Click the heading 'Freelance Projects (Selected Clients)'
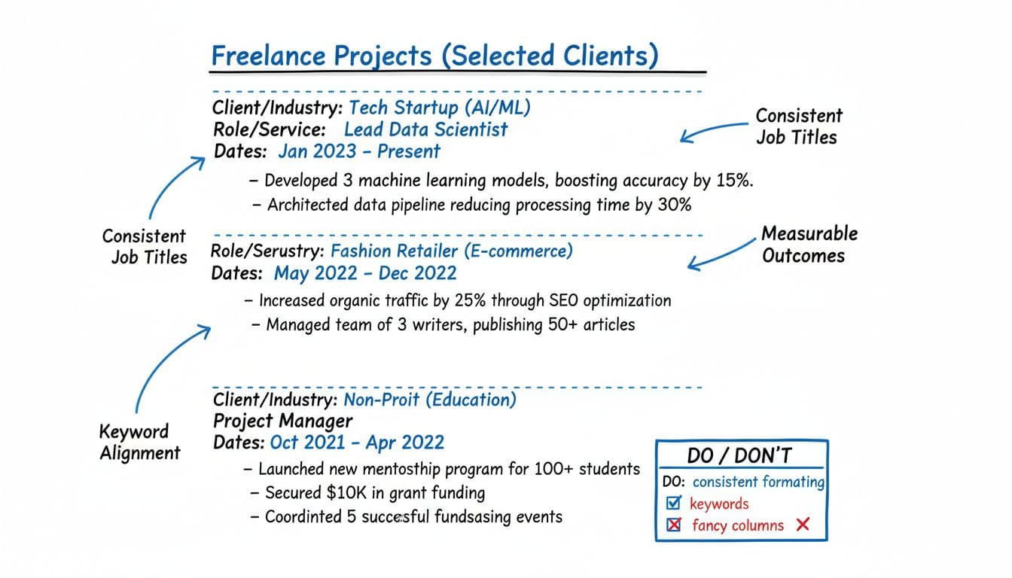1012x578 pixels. pyautogui.click(x=434, y=56)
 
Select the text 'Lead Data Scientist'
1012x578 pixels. pyautogui.click(x=425, y=129)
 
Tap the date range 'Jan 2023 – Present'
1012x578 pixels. pyautogui.click(x=358, y=151)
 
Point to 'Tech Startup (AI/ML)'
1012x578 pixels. pyautogui.click(x=440, y=108)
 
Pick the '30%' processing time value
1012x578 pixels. pyautogui.click(x=674, y=204)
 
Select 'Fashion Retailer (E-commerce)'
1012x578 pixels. pyautogui.click(x=452, y=251)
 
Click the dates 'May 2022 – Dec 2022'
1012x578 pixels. pyautogui.click(x=365, y=272)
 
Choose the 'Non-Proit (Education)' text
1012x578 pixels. pyautogui.click(x=430, y=400)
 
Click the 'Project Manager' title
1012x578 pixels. pyautogui.click(x=283, y=421)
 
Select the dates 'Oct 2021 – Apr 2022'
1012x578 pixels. pyautogui.click(x=357, y=442)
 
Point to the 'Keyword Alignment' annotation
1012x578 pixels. pyautogui.click(x=140, y=442)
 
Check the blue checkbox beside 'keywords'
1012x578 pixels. pyautogui.click(x=674, y=503)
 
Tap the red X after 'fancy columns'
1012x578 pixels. pyautogui.click(x=803, y=525)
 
